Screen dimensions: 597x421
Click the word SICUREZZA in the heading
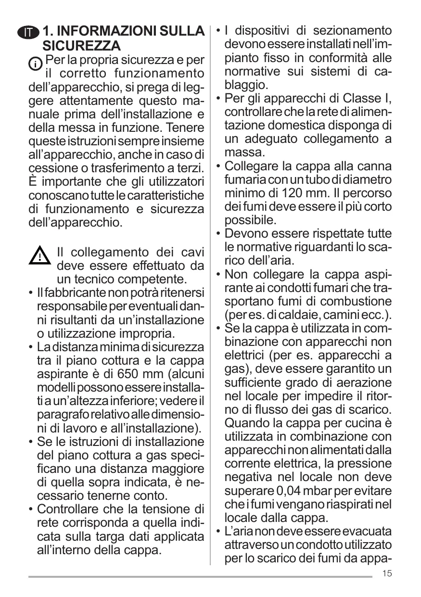tap(81, 47)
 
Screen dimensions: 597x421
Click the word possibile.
tap(251, 220)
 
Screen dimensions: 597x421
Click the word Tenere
tap(184, 129)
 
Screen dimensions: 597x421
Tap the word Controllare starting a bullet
tap(73, 509)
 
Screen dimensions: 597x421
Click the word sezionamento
tap(353, 31)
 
